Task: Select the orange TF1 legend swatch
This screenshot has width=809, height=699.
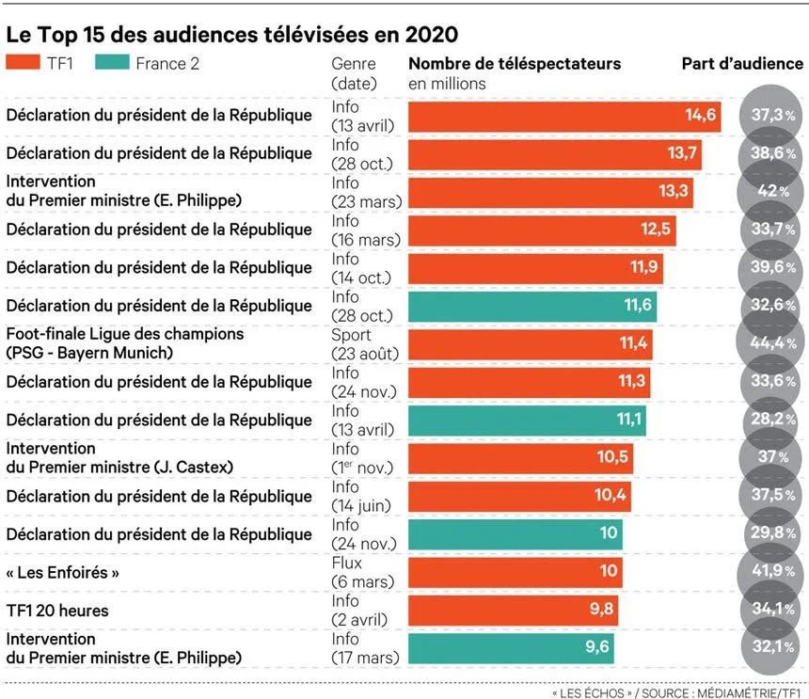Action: (23, 62)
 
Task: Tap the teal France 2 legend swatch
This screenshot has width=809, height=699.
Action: (112, 62)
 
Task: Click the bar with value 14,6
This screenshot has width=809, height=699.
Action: (564, 117)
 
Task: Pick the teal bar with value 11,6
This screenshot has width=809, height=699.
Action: (532, 307)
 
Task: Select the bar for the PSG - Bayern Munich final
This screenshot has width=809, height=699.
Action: (531, 344)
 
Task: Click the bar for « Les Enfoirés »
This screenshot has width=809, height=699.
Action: (516, 573)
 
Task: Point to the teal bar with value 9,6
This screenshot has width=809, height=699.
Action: (512, 648)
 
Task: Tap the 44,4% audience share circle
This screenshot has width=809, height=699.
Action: (770, 342)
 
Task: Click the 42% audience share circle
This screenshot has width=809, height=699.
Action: (770, 191)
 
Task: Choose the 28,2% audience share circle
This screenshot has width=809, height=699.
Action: (772, 419)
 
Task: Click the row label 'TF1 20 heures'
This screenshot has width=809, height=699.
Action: (57, 611)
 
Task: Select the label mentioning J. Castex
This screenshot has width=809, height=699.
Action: (119, 457)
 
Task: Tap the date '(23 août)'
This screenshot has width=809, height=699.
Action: (365, 354)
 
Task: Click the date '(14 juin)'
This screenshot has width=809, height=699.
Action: (361, 506)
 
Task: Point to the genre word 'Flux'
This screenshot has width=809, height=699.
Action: (347, 563)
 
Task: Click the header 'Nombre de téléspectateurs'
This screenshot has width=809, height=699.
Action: (515, 63)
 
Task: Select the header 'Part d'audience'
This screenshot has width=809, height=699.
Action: (742, 63)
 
